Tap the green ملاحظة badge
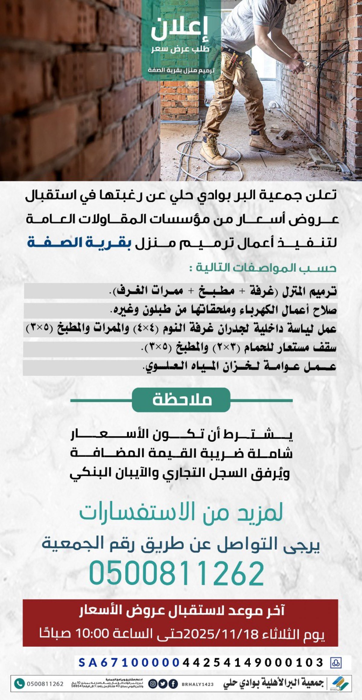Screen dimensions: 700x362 point(181,400)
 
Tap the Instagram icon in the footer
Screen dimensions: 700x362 point(153,684)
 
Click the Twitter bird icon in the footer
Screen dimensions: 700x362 point(163,684)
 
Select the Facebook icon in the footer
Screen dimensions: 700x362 point(173,684)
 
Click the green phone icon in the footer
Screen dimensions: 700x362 point(19,683)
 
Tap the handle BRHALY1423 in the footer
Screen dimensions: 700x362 point(198,684)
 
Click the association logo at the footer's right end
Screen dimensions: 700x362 point(339,683)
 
